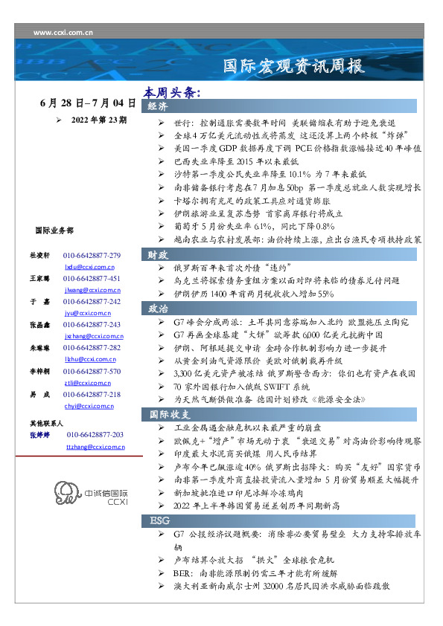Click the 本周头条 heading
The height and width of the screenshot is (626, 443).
[173, 94]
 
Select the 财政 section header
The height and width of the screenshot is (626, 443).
[157, 254]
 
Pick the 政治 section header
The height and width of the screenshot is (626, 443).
[157, 308]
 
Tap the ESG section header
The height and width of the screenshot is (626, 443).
[160, 521]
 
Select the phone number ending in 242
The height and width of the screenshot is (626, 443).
[92, 302]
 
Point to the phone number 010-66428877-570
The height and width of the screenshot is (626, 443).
[92, 370]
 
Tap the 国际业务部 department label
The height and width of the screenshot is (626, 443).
[54, 231]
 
